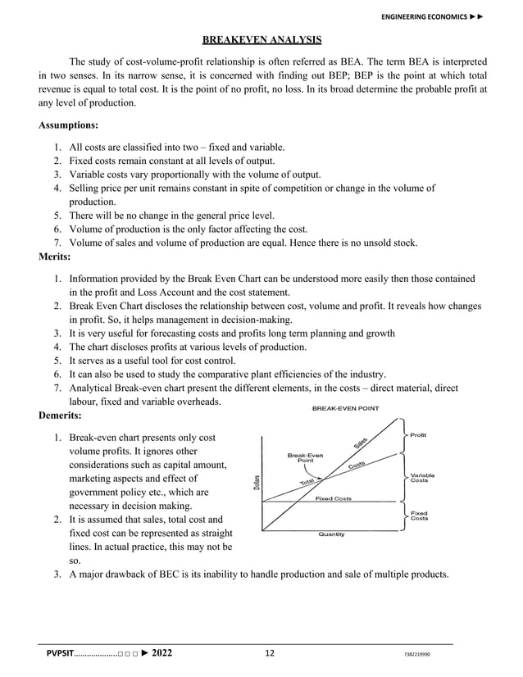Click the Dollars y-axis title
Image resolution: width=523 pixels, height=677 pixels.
[257, 480]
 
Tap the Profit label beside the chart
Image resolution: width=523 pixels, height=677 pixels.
[418, 435]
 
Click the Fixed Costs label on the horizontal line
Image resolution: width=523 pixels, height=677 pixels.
[334, 498]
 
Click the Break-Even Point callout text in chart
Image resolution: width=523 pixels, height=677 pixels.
[304, 457]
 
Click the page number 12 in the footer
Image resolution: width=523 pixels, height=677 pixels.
[270, 653]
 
